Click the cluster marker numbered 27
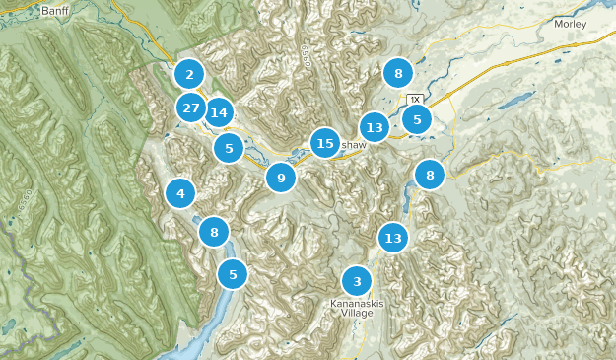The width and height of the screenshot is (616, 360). tap(191, 108)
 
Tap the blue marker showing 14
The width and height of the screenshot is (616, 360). tap(218, 113)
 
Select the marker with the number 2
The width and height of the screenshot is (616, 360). tap(188, 74)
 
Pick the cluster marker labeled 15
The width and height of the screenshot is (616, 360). tap(325, 144)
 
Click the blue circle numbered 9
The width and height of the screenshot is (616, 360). tap(281, 178)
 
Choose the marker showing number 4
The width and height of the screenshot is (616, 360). tap(180, 193)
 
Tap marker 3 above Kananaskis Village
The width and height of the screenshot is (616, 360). tap(357, 281)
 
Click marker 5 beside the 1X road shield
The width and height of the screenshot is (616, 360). tap(417, 119)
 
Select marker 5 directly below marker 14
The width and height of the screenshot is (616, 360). tap(229, 149)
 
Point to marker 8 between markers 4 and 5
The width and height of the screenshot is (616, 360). tap(214, 233)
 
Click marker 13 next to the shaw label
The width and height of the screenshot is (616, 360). tap(374, 127)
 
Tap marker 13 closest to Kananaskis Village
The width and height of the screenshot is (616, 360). tap(393, 238)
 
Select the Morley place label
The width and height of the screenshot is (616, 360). tap(570, 23)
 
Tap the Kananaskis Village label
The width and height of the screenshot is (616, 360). tap(357, 309)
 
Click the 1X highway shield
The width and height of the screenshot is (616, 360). tap(415, 100)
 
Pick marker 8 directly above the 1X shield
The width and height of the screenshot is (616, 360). tap(398, 73)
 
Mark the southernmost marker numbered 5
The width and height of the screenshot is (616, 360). tap(233, 274)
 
